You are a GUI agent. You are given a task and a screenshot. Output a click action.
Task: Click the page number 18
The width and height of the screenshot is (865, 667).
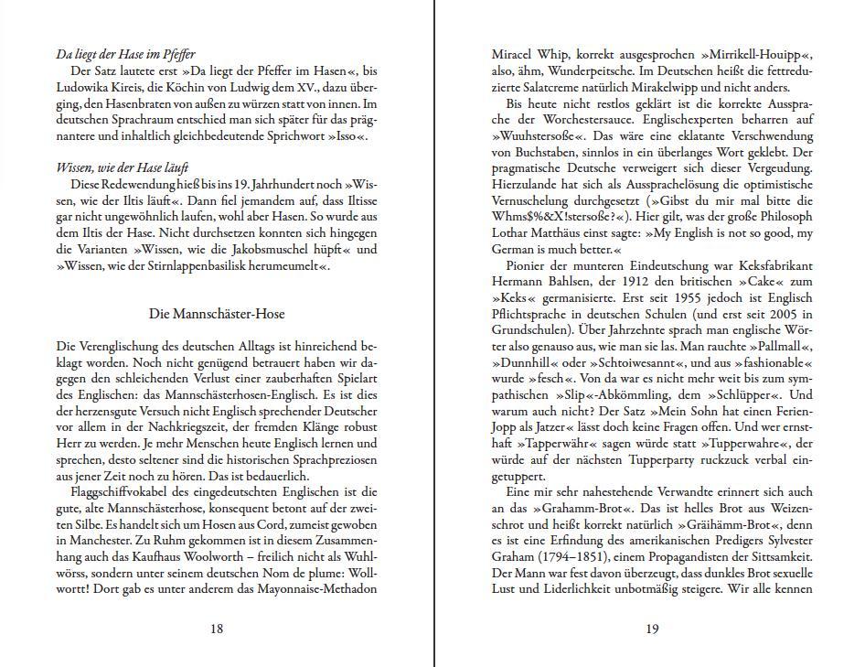pyautogui.click(x=217, y=628)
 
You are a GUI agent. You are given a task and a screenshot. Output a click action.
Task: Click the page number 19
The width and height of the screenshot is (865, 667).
pyautogui.click(x=652, y=628)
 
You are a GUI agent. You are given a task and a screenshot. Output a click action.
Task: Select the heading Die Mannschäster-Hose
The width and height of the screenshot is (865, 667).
pyautogui.click(x=217, y=314)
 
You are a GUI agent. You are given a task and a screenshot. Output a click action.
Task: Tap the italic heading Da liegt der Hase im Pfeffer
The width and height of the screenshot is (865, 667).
pyautogui.click(x=125, y=54)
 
